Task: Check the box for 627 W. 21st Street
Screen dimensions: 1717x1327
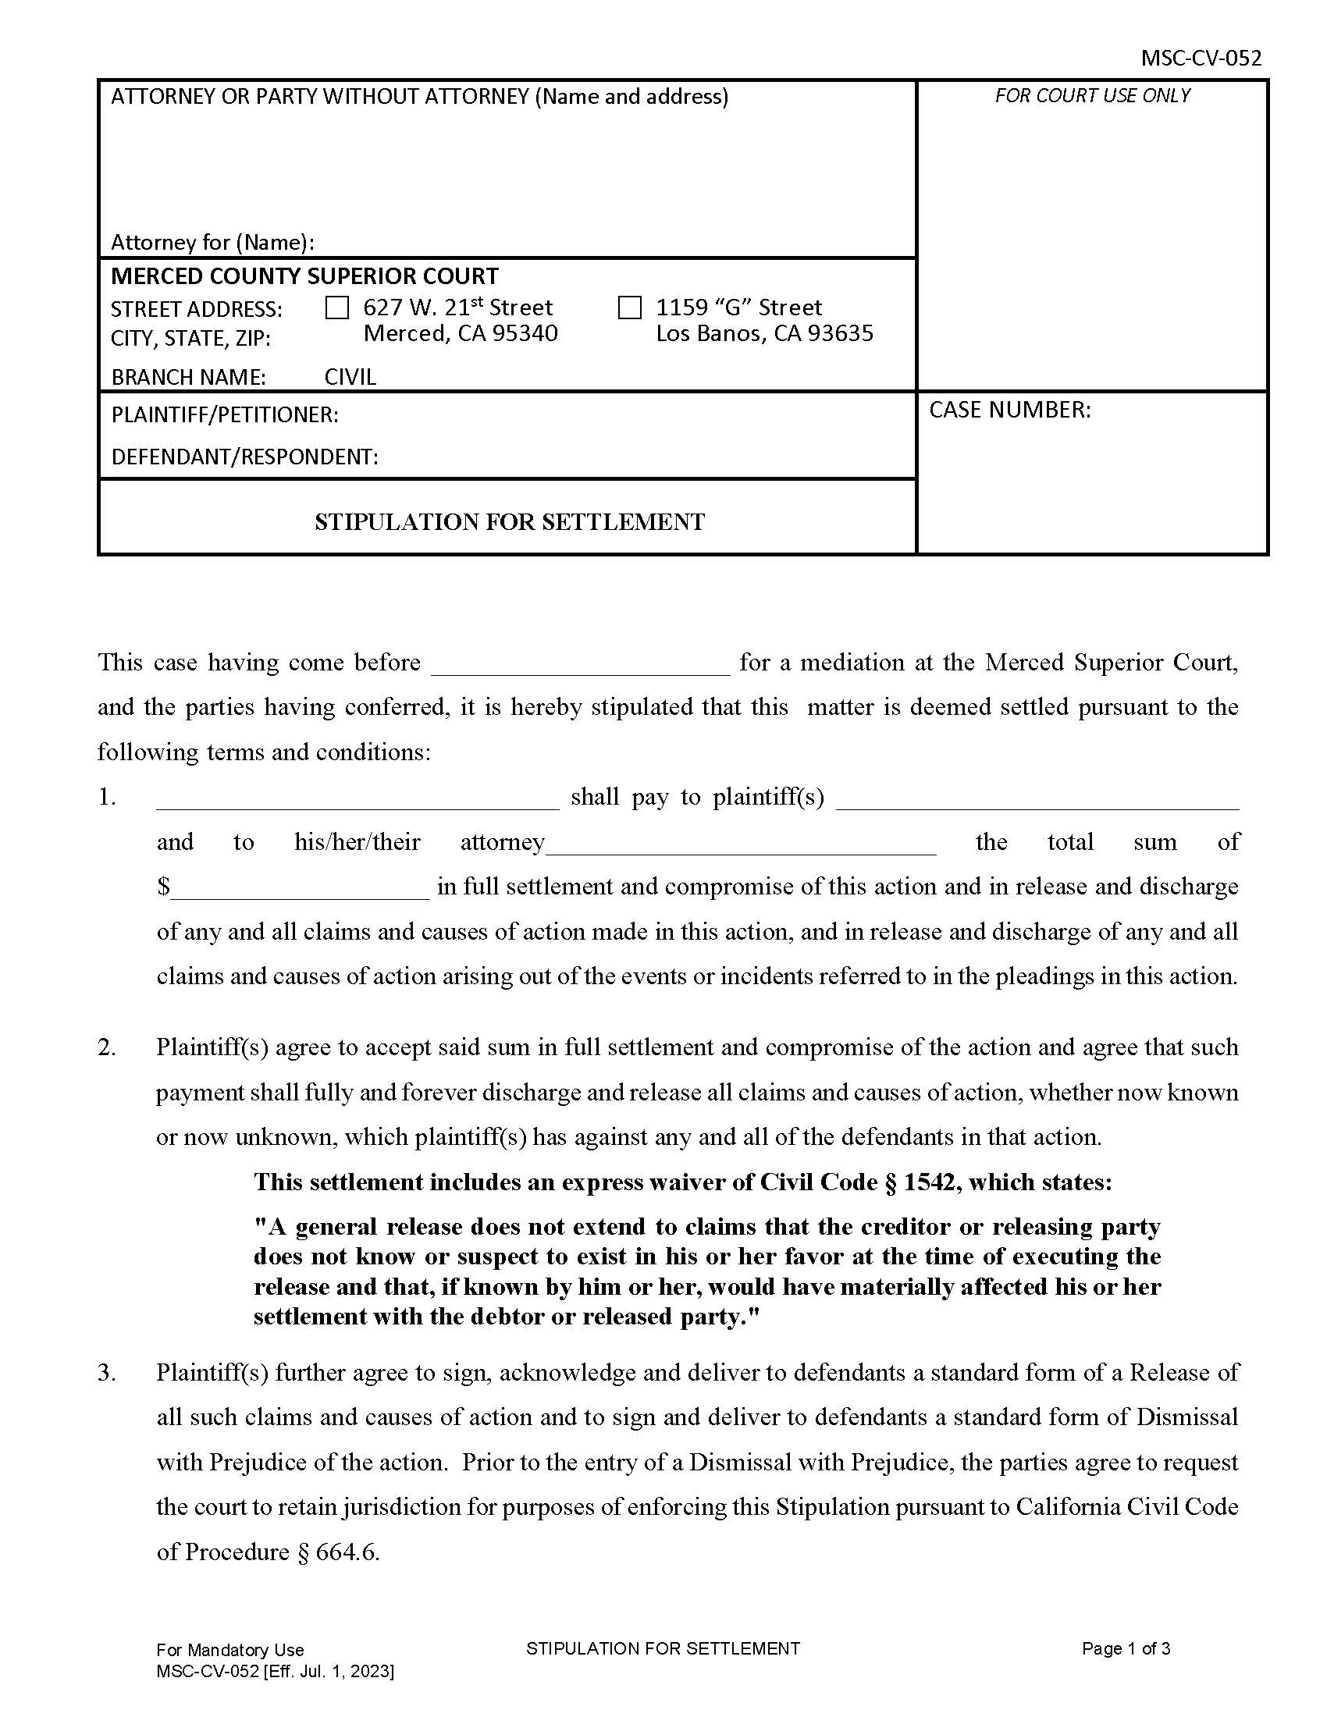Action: click(x=336, y=307)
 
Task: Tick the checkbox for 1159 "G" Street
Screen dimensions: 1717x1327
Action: click(x=630, y=307)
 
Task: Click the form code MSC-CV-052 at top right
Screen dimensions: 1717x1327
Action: click(x=1201, y=59)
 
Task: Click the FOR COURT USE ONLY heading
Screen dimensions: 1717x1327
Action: click(x=1092, y=96)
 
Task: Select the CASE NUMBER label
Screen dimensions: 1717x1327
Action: click(x=1009, y=410)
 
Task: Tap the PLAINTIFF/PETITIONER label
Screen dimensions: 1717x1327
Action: click(x=225, y=414)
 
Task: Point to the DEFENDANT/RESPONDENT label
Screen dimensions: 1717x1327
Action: click(x=244, y=457)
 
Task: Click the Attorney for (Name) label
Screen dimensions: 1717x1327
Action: click(x=212, y=242)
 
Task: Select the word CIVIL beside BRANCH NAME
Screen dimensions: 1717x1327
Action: click(x=350, y=377)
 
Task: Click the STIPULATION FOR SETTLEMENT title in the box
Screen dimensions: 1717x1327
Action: click(x=510, y=522)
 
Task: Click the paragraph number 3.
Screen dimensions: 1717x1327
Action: click(x=106, y=1373)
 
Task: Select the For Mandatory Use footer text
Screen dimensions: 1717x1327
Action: click(x=229, y=1650)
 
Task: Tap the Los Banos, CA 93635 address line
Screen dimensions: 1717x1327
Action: click(x=764, y=333)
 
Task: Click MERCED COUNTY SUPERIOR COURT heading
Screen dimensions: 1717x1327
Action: click(x=304, y=276)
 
